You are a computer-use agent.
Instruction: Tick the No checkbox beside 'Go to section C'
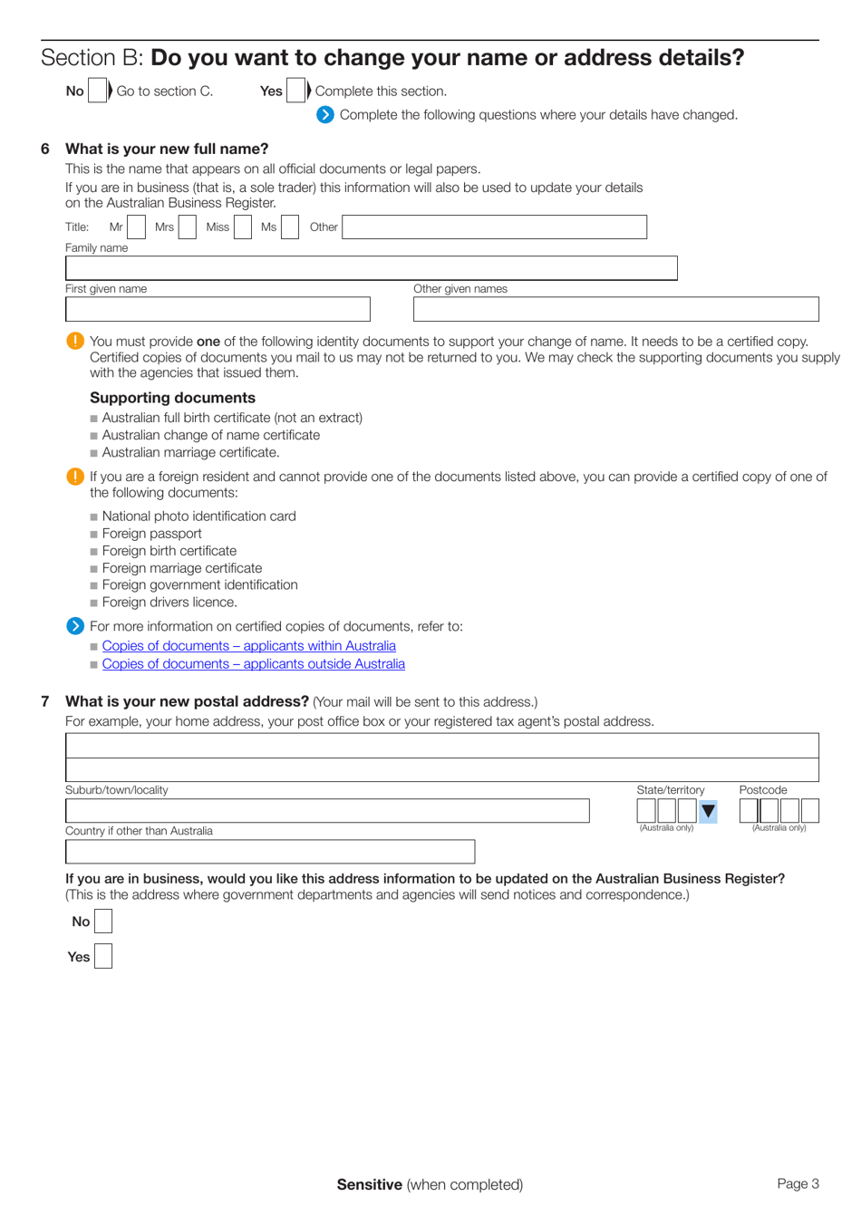(97, 92)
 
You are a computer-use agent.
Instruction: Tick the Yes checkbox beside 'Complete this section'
(295, 92)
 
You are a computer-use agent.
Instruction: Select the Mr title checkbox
(136, 227)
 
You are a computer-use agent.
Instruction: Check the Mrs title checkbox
(188, 227)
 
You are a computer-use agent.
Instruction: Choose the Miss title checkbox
(243, 227)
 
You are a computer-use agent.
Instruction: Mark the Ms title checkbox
(290, 227)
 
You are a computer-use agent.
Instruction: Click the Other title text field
(494, 227)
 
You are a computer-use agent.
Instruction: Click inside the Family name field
(371, 268)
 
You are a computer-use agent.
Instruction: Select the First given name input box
(218, 310)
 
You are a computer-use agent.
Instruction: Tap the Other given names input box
(615, 310)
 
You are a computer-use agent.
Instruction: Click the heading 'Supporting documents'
(172, 398)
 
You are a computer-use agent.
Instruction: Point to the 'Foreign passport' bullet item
(151, 534)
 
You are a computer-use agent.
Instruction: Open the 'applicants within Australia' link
(248, 646)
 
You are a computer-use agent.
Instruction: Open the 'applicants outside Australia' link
(253, 664)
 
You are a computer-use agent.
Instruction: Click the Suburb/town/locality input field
(327, 811)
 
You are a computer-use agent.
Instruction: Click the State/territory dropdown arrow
(708, 811)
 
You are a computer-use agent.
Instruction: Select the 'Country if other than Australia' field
(270, 852)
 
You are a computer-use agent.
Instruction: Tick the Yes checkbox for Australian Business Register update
(103, 956)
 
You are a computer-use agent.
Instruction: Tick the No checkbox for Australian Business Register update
(103, 922)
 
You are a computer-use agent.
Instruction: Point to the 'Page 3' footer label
(798, 1183)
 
